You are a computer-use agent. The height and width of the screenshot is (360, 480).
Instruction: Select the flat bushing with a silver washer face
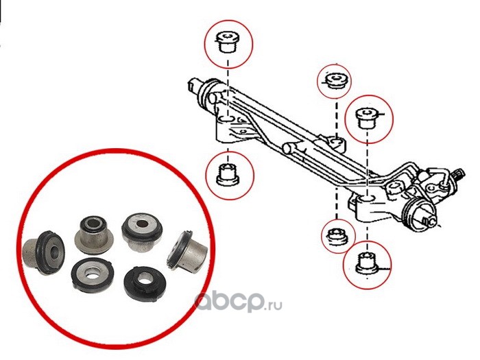(x=93, y=274)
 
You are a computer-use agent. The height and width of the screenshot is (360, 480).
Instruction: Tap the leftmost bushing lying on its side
(x=43, y=252)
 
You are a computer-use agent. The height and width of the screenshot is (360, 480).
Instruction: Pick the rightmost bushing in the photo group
(x=187, y=249)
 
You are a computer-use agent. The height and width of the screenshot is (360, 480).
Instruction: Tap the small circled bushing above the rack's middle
(x=335, y=80)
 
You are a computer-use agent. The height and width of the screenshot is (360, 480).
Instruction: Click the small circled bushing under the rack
(x=337, y=237)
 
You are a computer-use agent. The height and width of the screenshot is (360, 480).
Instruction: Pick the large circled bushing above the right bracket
(x=368, y=118)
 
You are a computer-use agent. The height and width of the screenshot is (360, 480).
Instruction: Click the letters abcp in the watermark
(x=230, y=301)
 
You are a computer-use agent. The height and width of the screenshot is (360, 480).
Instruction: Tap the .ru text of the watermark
(x=274, y=304)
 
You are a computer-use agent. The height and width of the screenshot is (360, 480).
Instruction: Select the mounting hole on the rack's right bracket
(x=366, y=199)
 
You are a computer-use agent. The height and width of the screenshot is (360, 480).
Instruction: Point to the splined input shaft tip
(x=460, y=174)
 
